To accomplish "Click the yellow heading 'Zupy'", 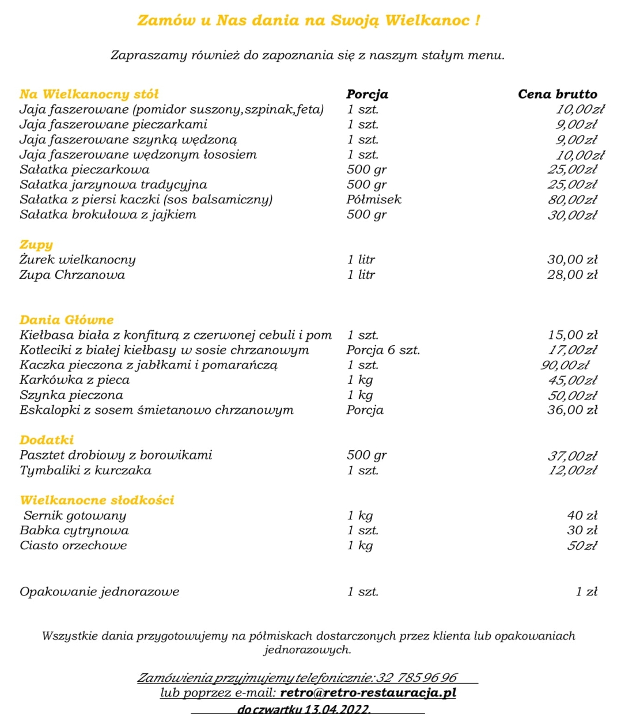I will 36,245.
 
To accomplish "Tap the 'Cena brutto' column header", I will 557,95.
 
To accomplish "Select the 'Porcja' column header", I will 367,95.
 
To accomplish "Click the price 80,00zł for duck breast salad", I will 572,200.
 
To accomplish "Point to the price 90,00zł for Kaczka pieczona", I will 565,365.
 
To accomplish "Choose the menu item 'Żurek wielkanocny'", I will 77,260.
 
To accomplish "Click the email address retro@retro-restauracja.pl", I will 368,693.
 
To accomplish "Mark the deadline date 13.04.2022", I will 338,710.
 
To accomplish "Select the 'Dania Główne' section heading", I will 66,320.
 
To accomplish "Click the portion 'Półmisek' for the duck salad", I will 373,199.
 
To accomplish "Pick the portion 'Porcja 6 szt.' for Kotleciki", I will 383,350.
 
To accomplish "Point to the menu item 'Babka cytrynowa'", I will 74,530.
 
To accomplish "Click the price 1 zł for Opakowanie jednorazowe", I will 586,592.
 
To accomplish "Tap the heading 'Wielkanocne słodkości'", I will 97,500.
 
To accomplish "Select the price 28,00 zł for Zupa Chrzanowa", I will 572,275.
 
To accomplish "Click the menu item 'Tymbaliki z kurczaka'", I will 85,470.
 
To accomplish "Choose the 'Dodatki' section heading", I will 47,440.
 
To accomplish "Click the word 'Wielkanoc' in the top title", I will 429,21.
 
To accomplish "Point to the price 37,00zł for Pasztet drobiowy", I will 572,455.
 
